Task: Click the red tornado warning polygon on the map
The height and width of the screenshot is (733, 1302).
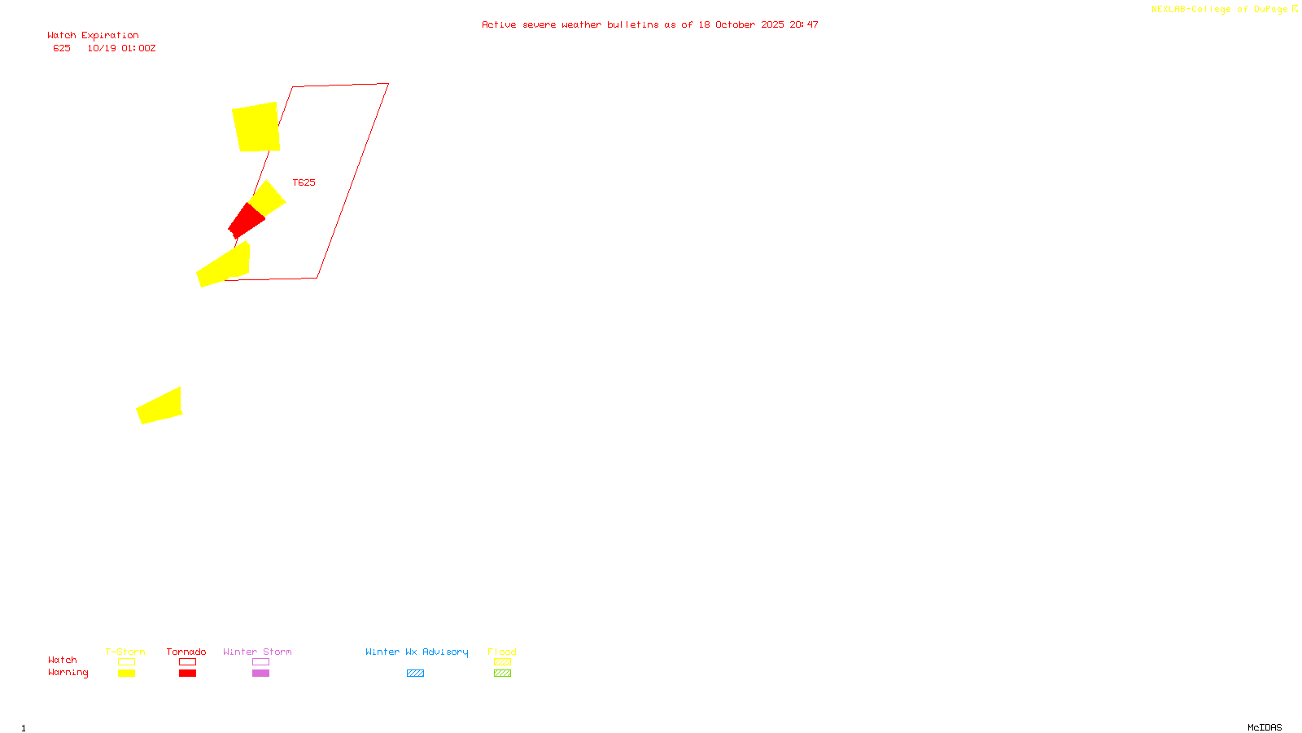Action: coord(246,221)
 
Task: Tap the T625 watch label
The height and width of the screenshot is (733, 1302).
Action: coord(304,182)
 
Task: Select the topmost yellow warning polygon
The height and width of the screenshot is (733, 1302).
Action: coord(256,127)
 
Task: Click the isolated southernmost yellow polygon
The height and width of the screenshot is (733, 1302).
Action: coord(160,406)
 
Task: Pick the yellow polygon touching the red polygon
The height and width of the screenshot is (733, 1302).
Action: coord(268,198)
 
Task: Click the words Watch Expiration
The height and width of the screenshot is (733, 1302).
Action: coord(93,36)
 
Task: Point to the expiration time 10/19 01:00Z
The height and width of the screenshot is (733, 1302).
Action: coord(121,49)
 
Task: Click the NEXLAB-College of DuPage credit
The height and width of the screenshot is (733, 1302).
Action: coord(1220,10)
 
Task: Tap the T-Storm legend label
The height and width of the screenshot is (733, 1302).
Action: coord(125,652)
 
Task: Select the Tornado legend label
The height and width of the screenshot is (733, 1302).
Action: coord(186,652)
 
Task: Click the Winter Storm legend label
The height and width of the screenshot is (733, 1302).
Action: coord(257,652)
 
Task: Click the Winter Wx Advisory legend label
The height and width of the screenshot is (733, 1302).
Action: coord(417,652)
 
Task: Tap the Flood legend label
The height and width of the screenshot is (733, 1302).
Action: coord(502,652)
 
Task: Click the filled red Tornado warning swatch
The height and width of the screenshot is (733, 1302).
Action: coord(187,674)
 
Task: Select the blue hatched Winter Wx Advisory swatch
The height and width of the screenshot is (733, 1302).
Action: coord(415,674)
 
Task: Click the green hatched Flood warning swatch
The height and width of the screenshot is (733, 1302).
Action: coord(502,674)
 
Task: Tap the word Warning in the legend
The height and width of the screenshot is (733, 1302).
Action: coord(68,673)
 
